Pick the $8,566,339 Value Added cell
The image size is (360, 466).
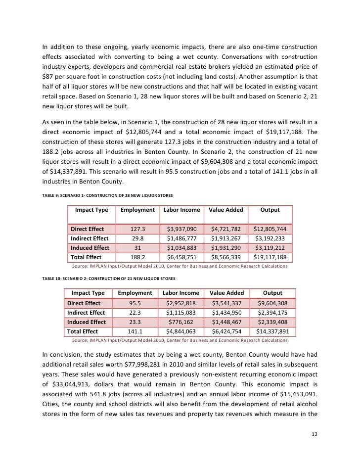coord(226,257)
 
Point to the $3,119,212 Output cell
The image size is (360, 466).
coord(270,248)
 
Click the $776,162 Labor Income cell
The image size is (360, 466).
coord(182,322)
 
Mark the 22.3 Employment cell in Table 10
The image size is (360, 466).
coord(134,313)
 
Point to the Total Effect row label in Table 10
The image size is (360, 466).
coord(83,331)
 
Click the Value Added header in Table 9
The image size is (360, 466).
coord(226,210)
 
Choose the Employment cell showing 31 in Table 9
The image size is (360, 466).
coord(137,248)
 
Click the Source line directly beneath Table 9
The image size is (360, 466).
coord(180,266)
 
